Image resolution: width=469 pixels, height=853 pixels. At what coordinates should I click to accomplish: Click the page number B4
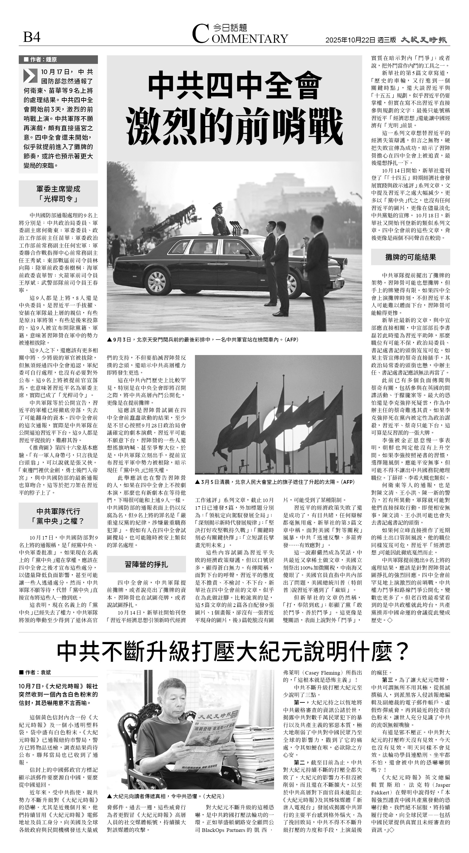click(31, 37)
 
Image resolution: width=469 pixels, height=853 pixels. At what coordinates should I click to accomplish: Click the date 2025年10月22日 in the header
click(350, 40)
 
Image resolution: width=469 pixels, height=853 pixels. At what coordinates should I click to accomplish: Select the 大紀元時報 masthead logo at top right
click(424, 40)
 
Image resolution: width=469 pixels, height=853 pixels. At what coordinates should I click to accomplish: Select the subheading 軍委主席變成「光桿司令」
click(58, 194)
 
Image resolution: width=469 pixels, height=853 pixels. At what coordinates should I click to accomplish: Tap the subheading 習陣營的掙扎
click(146, 564)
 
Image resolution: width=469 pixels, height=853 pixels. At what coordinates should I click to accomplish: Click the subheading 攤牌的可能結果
click(410, 257)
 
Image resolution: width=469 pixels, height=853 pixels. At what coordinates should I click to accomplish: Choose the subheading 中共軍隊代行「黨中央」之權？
click(58, 516)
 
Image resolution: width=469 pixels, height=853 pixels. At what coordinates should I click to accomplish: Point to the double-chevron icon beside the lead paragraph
click(30, 76)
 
